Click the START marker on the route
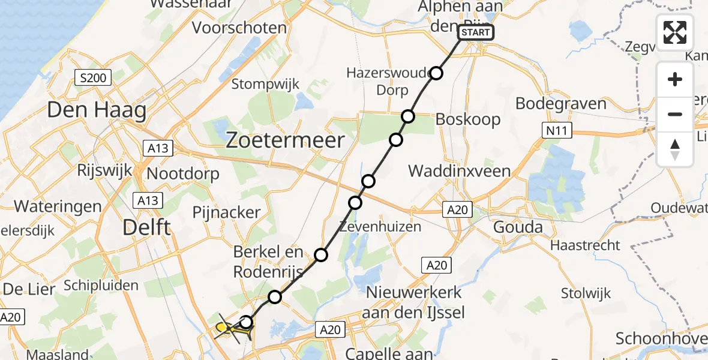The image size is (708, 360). coord(477,32)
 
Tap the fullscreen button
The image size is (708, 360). coord(675,32)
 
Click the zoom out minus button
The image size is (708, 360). coord(675,114)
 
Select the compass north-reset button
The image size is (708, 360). coord(675,149)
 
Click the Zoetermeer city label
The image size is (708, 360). coord(285,140)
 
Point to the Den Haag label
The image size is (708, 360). coord(96,111)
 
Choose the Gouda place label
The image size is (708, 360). coord(517,227)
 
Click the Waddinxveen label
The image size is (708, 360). coord(459,170)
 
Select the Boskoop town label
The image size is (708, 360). coord(468,119)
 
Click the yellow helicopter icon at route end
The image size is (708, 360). coord(223,327)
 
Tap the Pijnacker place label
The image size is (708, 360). coord(227,212)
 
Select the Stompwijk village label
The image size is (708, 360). coord(265,84)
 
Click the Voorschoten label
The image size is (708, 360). coord(239,28)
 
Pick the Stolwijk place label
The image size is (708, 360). coord(586,293)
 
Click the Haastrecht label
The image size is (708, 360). coord(585,245)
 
